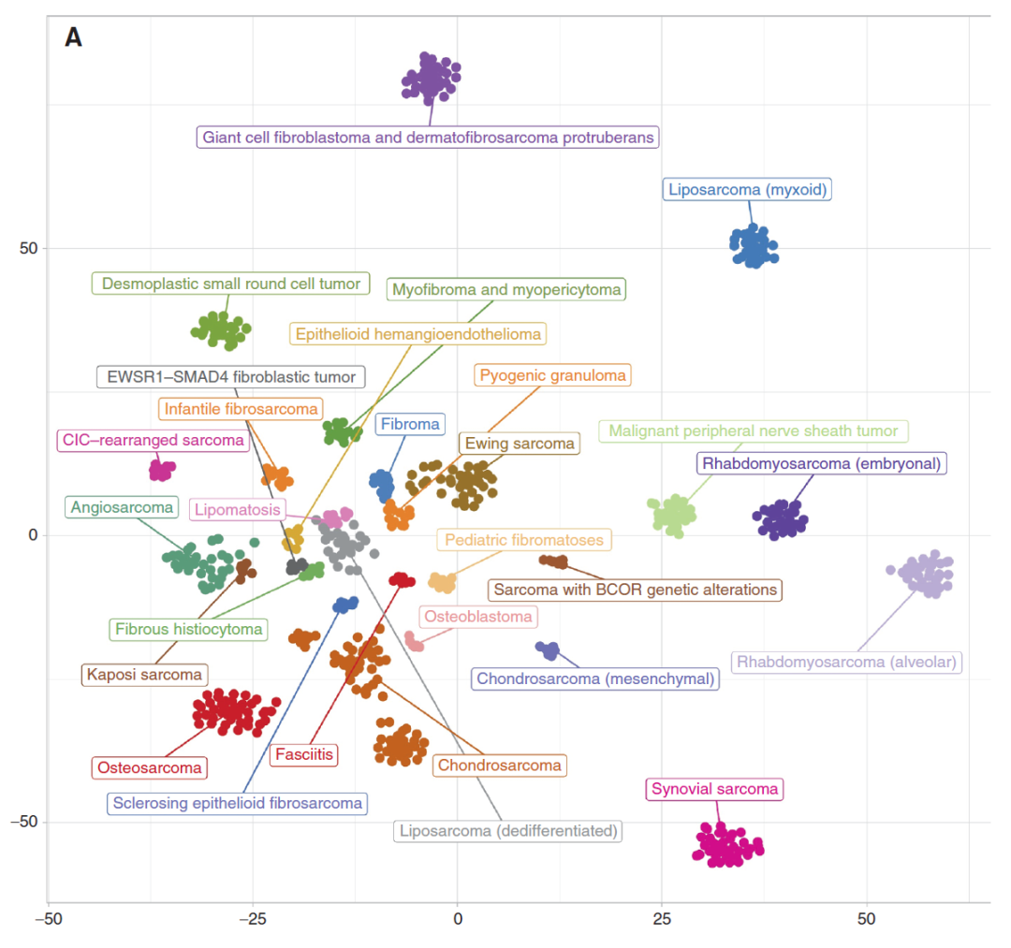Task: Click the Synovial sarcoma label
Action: [715, 789]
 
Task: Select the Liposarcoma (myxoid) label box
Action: [747, 190]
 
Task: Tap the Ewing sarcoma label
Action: [520, 444]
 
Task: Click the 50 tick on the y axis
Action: [28, 248]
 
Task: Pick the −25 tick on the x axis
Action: [253, 919]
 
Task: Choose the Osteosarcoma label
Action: [149, 768]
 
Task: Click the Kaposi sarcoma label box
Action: [144, 674]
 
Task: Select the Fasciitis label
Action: [303, 754]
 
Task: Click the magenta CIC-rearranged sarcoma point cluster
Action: [162, 470]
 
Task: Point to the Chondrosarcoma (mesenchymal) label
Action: [595, 678]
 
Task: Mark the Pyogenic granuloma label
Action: [552, 376]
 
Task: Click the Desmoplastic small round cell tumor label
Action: [230, 284]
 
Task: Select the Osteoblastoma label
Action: [477, 617]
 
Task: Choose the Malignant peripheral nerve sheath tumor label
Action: [754, 431]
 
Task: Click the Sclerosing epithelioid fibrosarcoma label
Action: [236, 803]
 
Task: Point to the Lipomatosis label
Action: [238, 510]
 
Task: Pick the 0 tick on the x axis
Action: [458, 919]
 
